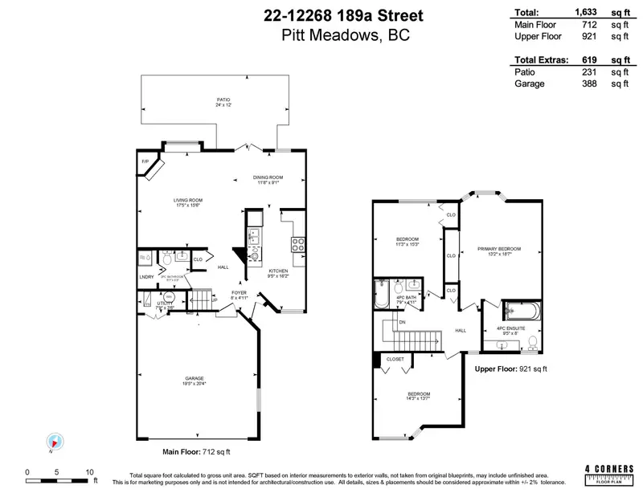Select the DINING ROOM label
click(268, 177)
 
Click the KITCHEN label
click(278, 271)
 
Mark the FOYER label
click(240, 292)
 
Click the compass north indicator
click(52, 442)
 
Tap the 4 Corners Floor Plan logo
click(609, 471)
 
